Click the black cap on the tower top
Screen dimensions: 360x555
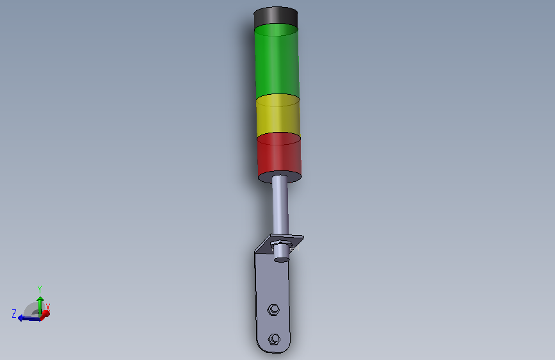pos(277,17)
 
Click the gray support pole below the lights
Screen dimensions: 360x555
pos(280,202)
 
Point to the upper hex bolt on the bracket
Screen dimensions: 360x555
pos(273,310)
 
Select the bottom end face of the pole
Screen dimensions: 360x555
pos(281,259)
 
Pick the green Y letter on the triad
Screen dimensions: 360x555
pos(40,289)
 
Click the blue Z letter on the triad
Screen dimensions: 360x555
pos(14,313)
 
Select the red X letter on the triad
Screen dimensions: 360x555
pos(48,307)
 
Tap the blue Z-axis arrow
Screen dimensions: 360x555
pos(26,318)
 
